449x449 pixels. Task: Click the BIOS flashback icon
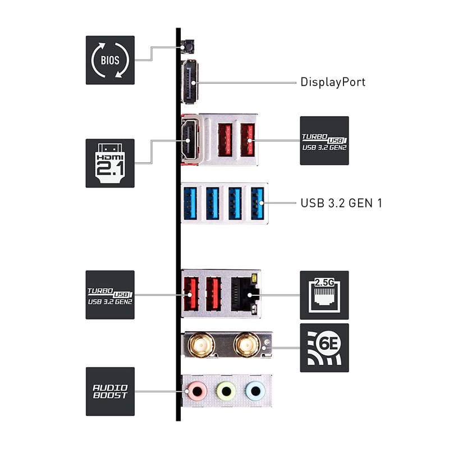pos(110,60)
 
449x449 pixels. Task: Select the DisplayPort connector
pos(190,81)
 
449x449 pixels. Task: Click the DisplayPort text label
pos(333,82)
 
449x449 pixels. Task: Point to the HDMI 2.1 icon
pos(110,163)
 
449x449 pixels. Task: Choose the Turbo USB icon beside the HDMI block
pos(324,140)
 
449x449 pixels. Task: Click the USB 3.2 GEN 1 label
pos(341,203)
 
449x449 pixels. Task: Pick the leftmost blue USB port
pos(190,203)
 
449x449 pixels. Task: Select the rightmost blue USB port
pos(257,203)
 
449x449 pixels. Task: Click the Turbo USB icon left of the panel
pos(110,295)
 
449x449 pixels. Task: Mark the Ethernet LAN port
pos(245,294)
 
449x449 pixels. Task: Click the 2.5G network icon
pos(324,295)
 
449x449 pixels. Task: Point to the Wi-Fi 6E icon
pos(324,347)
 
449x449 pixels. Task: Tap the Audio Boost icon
pos(110,391)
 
